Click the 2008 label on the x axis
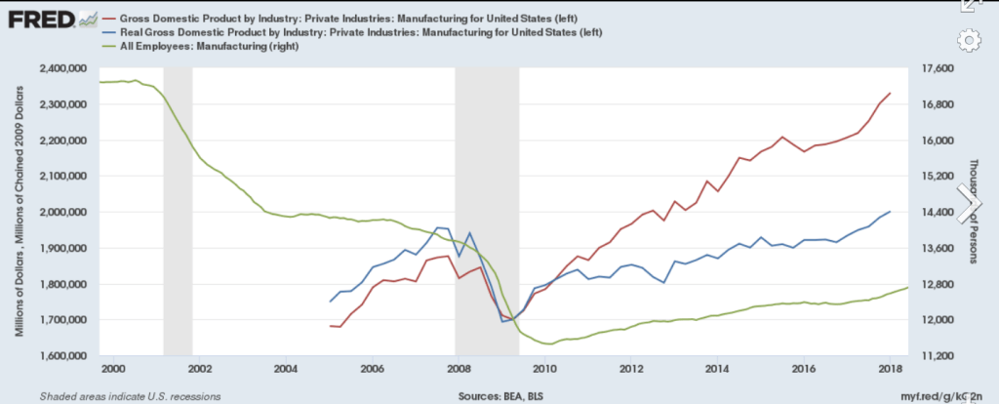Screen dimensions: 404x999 point(458,368)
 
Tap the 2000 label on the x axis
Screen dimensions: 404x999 point(113,368)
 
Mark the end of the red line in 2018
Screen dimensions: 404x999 point(889,93)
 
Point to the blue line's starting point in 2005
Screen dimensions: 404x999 point(330,302)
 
